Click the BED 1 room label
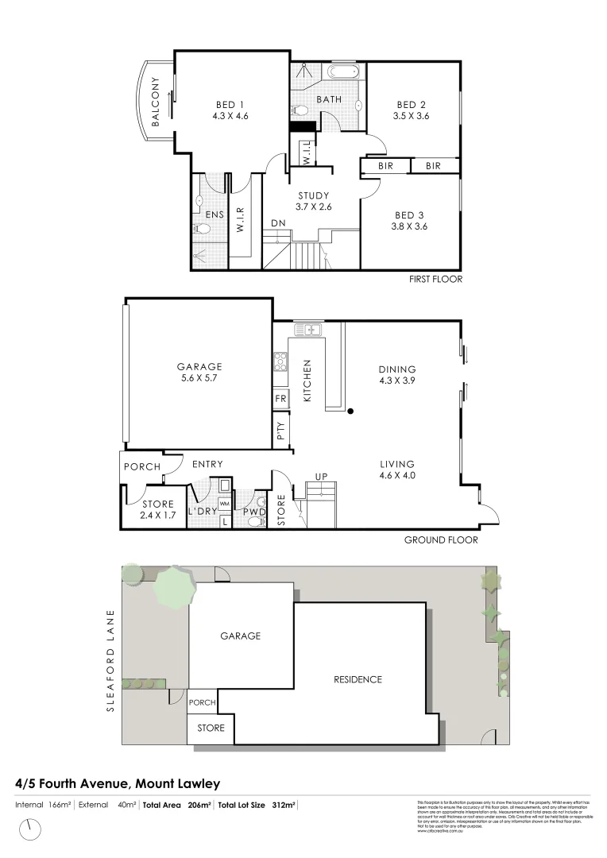click(x=230, y=103)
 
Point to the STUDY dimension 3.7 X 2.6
click(x=314, y=207)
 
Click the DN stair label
click(x=278, y=223)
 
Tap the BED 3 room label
click(x=410, y=214)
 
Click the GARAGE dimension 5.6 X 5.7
click(x=199, y=378)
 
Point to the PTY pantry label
click(x=280, y=432)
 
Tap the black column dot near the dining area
click(x=349, y=411)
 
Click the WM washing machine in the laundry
click(x=224, y=504)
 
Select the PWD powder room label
click(x=254, y=512)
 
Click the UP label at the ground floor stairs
click(x=321, y=477)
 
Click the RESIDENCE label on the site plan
click(x=358, y=679)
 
